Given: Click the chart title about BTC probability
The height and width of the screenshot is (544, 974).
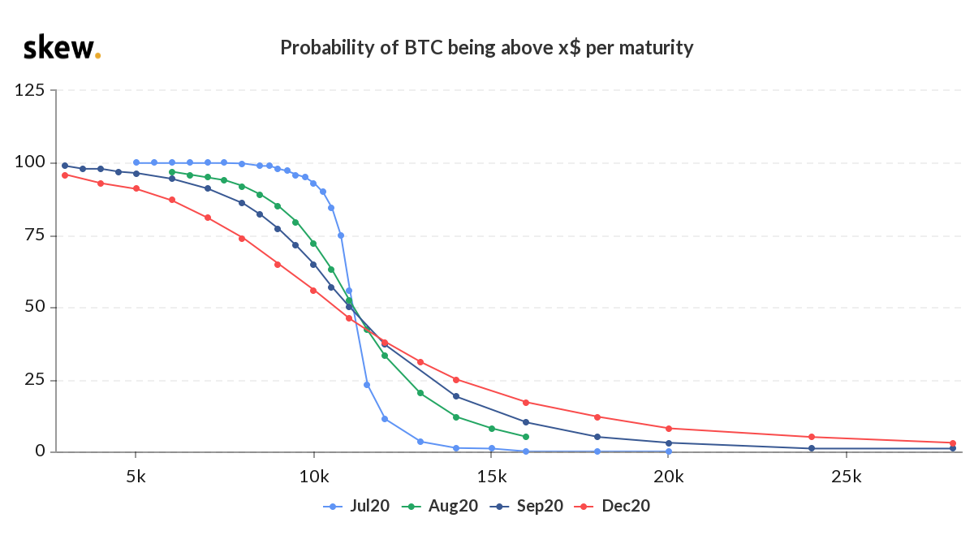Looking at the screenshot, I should pos(487,47).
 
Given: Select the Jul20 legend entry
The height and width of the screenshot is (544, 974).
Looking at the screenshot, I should pos(356,506).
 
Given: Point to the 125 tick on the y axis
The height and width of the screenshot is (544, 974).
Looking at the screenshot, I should pos(30,90).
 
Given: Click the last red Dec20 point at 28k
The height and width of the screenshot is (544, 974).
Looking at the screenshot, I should pos(953,443).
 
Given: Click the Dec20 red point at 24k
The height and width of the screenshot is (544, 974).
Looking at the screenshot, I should pos(811,437).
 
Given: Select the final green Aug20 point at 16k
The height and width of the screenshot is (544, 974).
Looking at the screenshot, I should pos(526,437).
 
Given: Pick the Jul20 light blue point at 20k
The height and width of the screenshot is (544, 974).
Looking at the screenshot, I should pos(668,451).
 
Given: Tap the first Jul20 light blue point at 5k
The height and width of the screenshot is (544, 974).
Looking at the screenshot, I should pos(136,162).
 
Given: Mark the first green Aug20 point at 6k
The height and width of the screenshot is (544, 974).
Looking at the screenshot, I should pos(171,172).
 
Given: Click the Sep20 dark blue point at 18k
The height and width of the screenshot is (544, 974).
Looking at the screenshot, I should pos(597,437).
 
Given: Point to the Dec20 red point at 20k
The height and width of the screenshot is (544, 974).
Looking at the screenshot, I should pos(668,428).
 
